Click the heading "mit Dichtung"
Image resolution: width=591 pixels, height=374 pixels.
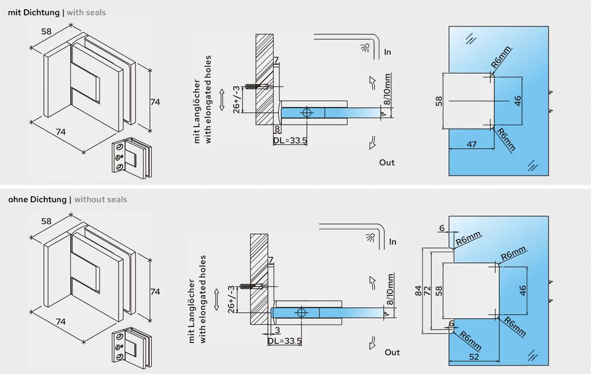pyautogui.click(x=33, y=12)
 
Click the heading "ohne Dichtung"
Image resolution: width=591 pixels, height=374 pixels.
pyautogui.click(x=37, y=199)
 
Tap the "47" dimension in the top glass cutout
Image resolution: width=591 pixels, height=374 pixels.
pyautogui.click(x=471, y=144)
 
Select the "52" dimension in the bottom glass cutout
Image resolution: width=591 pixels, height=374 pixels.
pyautogui.click(x=475, y=356)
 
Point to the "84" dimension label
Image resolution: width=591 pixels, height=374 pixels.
pyautogui.click(x=419, y=290)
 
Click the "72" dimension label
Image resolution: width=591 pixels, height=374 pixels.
pyautogui.click(x=428, y=290)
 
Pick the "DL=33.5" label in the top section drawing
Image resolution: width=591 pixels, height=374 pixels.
pyautogui.click(x=290, y=141)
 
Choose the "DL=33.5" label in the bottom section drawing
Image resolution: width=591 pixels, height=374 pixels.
pyautogui.click(x=285, y=341)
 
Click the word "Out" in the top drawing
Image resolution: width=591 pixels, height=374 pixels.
pyautogui.click(x=387, y=163)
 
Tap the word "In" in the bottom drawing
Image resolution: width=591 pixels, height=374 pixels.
pyautogui.click(x=392, y=242)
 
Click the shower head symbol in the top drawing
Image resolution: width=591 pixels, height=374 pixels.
pyautogui.click(x=364, y=48)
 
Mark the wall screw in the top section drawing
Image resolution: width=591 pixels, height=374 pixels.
pyautogui.click(x=259, y=87)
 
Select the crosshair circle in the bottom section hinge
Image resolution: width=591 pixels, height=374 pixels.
pyautogui.click(x=301, y=312)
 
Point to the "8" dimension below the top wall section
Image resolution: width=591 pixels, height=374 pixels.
pyautogui.click(x=277, y=130)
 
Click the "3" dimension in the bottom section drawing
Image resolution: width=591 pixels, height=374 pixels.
pyautogui.click(x=277, y=329)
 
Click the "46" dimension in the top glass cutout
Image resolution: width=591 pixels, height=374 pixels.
pyautogui.click(x=517, y=101)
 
